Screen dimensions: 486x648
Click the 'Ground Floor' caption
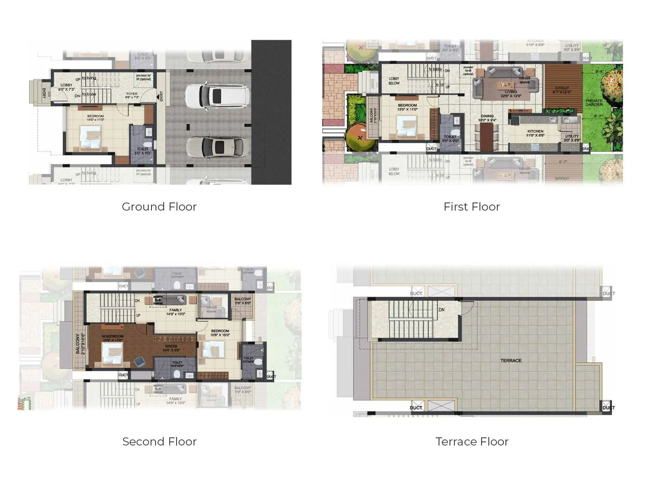point(159,207)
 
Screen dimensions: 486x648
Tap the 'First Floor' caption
point(471,207)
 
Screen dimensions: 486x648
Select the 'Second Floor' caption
point(159,441)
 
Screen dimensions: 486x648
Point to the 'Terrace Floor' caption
point(472,441)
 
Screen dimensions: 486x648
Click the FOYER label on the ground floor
point(132,94)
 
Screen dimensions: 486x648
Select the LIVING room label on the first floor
point(511,92)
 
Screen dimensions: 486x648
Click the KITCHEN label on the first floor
point(535,131)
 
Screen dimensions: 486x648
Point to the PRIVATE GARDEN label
point(594,102)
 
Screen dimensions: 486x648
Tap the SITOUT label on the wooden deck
point(562,88)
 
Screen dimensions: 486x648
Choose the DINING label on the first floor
point(487,116)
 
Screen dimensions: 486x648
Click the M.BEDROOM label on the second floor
point(113,336)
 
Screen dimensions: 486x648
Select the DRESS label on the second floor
point(171,346)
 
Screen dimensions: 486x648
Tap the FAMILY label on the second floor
point(175,310)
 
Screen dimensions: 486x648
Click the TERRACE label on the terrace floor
point(511,360)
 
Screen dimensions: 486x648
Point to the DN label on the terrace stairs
point(441,310)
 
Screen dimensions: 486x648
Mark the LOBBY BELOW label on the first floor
point(394,81)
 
